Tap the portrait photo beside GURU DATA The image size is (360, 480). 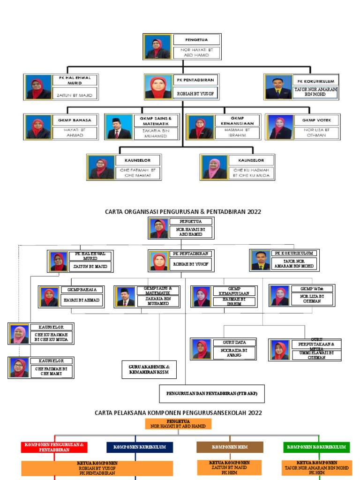coord(202,349)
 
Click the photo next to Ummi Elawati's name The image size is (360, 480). coord(280,350)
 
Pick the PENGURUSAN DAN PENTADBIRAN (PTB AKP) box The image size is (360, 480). coord(211,393)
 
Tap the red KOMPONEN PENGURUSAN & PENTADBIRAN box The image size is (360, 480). coord(54,447)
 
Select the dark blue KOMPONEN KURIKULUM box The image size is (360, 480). coord(140,447)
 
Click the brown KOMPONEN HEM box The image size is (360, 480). coord(230,447)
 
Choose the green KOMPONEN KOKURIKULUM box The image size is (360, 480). coord(316,447)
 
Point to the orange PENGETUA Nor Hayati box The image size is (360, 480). coord(178,424)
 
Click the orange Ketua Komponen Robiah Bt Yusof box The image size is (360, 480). coord(97,468)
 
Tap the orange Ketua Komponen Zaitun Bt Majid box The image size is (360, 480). coord(230,467)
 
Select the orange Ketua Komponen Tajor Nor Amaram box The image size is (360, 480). coord(316,467)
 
